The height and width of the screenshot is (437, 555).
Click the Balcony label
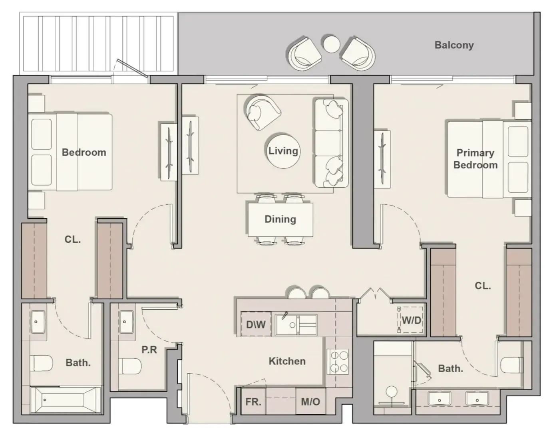(x=454, y=45)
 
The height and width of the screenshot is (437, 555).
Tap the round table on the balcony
(x=332, y=44)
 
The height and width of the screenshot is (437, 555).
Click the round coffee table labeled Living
(x=283, y=151)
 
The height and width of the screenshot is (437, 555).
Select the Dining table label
(x=280, y=219)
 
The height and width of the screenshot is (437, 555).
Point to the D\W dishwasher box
(x=256, y=324)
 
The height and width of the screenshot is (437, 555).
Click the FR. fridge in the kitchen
(x=253, y=402)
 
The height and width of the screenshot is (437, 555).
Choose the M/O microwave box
(x=310, y=402)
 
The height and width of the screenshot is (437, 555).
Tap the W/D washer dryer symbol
(x=410, y=320)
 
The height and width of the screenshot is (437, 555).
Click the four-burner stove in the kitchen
(x=338, y=362)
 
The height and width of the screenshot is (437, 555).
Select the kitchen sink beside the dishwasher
(x=296, y=325)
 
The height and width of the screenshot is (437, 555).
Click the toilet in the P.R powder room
(x=130, y=366)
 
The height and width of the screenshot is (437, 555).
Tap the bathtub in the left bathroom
(x=65, y=400)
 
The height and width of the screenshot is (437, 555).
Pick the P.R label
(x=149, y=350)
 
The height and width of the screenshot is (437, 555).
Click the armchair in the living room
(x=262, y=112)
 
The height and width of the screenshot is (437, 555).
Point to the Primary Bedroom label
(x=475, y=159)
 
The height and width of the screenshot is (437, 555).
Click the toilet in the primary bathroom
(x=512, y=365)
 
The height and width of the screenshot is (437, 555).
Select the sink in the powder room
(x=126, y=322)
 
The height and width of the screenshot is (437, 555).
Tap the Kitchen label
(x=287, y=361)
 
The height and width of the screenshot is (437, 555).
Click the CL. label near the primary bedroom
(x=483, y=285)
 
